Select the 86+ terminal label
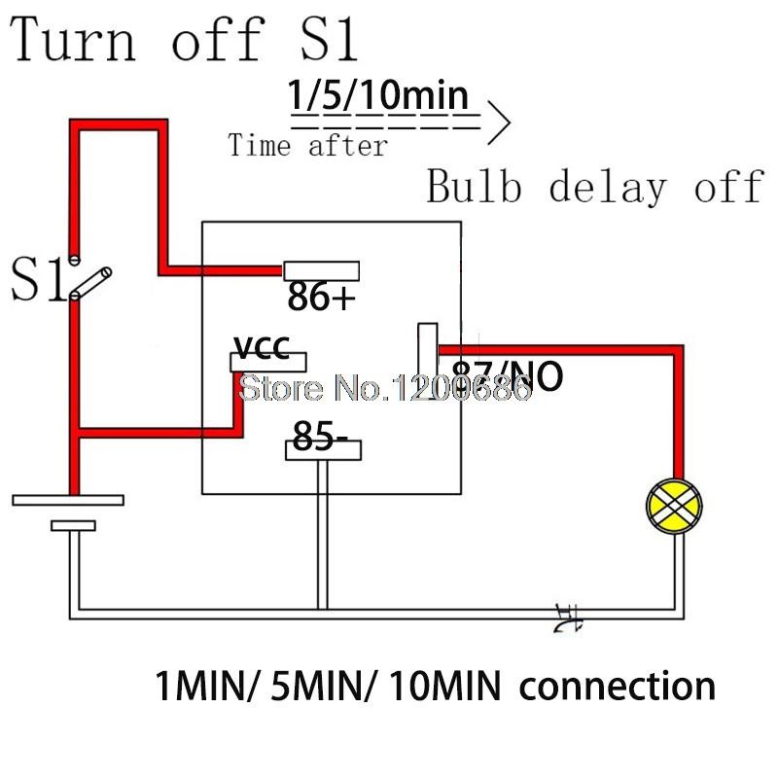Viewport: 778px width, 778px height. [x=321, y=298]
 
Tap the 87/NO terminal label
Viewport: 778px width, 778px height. [x=506, y=374]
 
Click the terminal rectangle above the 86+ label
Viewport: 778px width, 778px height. [x=321, y=270]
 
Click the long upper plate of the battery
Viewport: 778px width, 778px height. [x=68, y=500]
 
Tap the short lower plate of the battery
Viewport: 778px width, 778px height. [x=74, y=526]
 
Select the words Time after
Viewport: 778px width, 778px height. [x=307, y=147]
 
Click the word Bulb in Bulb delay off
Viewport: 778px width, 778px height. [x=474, y=187]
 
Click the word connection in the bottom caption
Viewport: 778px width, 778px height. [x=619, y=687]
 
